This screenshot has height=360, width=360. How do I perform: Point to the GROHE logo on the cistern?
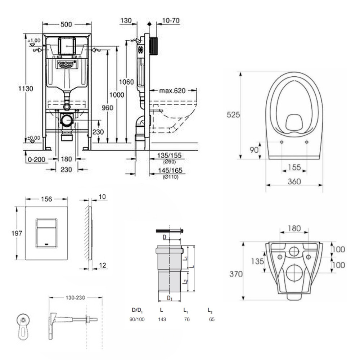(67, 64)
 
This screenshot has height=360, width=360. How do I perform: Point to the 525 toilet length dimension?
(233, 115)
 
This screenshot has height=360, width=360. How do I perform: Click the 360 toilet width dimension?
(294, 182)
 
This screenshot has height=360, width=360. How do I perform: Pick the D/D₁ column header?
(138, 310)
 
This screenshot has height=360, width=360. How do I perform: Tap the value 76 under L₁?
(186, 319)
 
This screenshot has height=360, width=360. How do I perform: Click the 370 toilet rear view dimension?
(236, 274)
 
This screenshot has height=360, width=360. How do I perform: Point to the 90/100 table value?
(137, 319)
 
